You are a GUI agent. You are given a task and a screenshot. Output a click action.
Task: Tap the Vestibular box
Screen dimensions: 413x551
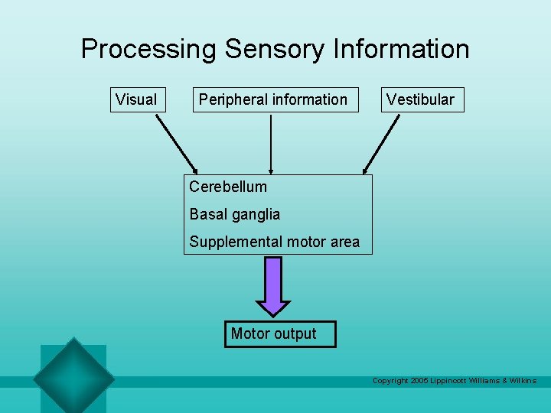point(422,99)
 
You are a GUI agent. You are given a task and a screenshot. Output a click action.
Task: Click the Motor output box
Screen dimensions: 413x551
point(280,334)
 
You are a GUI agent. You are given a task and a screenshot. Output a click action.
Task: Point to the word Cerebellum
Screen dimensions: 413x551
point(228,187)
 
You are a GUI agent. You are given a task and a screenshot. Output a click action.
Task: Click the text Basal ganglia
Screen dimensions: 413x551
point(234,214)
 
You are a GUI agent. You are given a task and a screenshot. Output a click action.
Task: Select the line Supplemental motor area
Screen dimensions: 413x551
point(274,242)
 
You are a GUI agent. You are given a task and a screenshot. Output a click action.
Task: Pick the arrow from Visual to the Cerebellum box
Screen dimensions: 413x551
point(177,143)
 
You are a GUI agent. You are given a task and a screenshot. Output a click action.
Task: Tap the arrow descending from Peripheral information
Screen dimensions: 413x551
point(270,143)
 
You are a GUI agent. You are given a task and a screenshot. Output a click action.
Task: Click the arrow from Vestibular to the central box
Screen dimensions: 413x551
point(381,143)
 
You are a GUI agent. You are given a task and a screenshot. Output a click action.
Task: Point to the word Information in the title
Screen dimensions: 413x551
point(401,49)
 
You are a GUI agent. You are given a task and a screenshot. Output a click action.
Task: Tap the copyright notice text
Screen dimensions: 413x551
point(454,380)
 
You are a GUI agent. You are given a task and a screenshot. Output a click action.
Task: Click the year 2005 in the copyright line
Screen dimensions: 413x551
point(419,380)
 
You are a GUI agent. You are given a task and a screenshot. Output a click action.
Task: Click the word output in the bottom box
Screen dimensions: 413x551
point(295,334)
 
